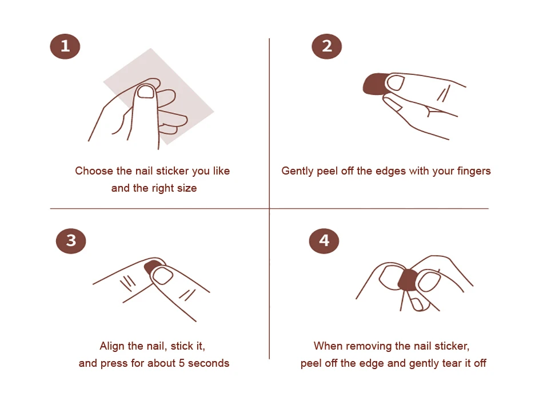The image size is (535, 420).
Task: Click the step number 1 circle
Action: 65,46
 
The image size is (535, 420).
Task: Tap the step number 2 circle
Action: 326,46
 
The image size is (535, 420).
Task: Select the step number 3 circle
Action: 71,241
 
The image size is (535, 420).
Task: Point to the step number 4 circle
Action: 324,241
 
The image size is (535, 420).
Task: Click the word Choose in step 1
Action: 94,171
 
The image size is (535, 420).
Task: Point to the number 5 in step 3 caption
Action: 182,363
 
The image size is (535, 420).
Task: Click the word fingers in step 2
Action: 474,171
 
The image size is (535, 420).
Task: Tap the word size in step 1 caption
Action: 187,188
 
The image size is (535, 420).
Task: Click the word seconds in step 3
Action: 209,363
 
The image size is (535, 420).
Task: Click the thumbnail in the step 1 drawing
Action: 146,92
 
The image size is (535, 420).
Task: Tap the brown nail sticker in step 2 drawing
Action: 374,84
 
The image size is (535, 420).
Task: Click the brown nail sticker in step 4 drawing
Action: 408,280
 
